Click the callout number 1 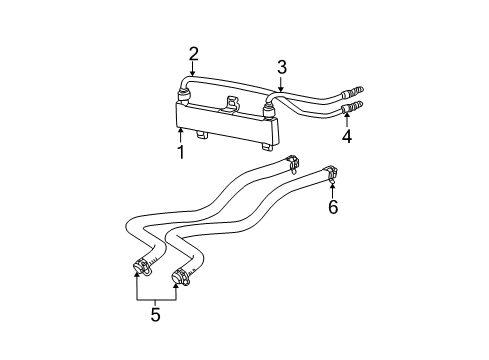[181, 153]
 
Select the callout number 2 [194, 54]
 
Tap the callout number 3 [282, 67]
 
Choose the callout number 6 [333, 207]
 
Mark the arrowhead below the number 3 [282, 91]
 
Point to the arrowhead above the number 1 [181, 128]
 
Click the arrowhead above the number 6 [333, 186]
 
